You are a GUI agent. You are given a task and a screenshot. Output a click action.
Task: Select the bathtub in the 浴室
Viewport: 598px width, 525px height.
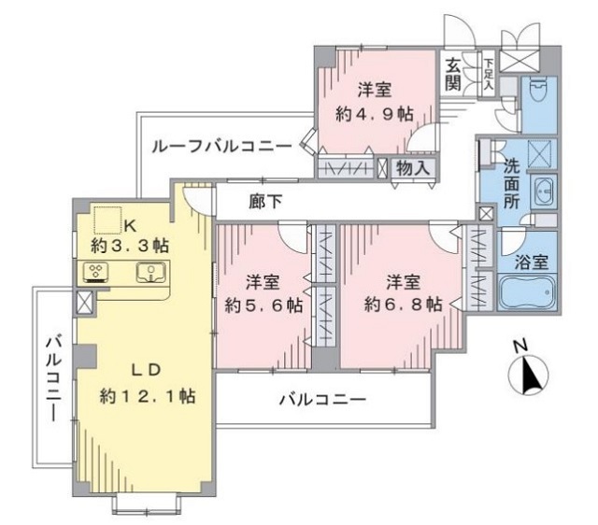[527, 292]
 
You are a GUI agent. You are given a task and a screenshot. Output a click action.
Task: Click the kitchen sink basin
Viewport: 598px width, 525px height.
[151, 273]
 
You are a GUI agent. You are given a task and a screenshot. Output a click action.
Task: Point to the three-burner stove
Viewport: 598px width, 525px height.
[95, 273]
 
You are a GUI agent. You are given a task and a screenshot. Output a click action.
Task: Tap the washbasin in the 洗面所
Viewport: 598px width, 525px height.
[543, 191]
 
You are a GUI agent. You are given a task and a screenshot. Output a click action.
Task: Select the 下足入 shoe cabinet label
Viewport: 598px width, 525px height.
[488, 75]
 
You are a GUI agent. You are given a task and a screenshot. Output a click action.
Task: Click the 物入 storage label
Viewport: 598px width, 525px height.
[413, 167]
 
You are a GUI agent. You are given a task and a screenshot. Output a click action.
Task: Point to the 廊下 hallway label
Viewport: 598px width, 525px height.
[265, 201]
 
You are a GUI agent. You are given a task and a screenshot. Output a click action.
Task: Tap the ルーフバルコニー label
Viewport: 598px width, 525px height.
[222, 146]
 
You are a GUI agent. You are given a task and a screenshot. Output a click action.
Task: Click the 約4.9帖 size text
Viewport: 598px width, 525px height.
[374, 114]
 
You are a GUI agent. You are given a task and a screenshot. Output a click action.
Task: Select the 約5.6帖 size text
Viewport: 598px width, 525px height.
[263, 305]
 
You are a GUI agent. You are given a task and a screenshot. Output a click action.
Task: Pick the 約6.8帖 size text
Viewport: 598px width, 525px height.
[404, 305]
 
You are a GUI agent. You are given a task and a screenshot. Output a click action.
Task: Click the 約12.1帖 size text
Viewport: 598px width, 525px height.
[148, 396]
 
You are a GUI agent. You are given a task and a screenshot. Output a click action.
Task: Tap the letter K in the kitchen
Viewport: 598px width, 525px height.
[131, 227]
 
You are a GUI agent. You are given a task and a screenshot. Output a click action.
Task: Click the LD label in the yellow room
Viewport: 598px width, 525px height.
[146, 370]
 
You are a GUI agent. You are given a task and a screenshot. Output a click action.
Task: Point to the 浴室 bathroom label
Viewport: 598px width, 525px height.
[532, 262]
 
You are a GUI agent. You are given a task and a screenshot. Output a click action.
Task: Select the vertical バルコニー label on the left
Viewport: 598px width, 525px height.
[53, 377]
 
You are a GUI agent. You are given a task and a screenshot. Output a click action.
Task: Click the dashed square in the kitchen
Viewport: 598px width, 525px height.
[108, 220]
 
